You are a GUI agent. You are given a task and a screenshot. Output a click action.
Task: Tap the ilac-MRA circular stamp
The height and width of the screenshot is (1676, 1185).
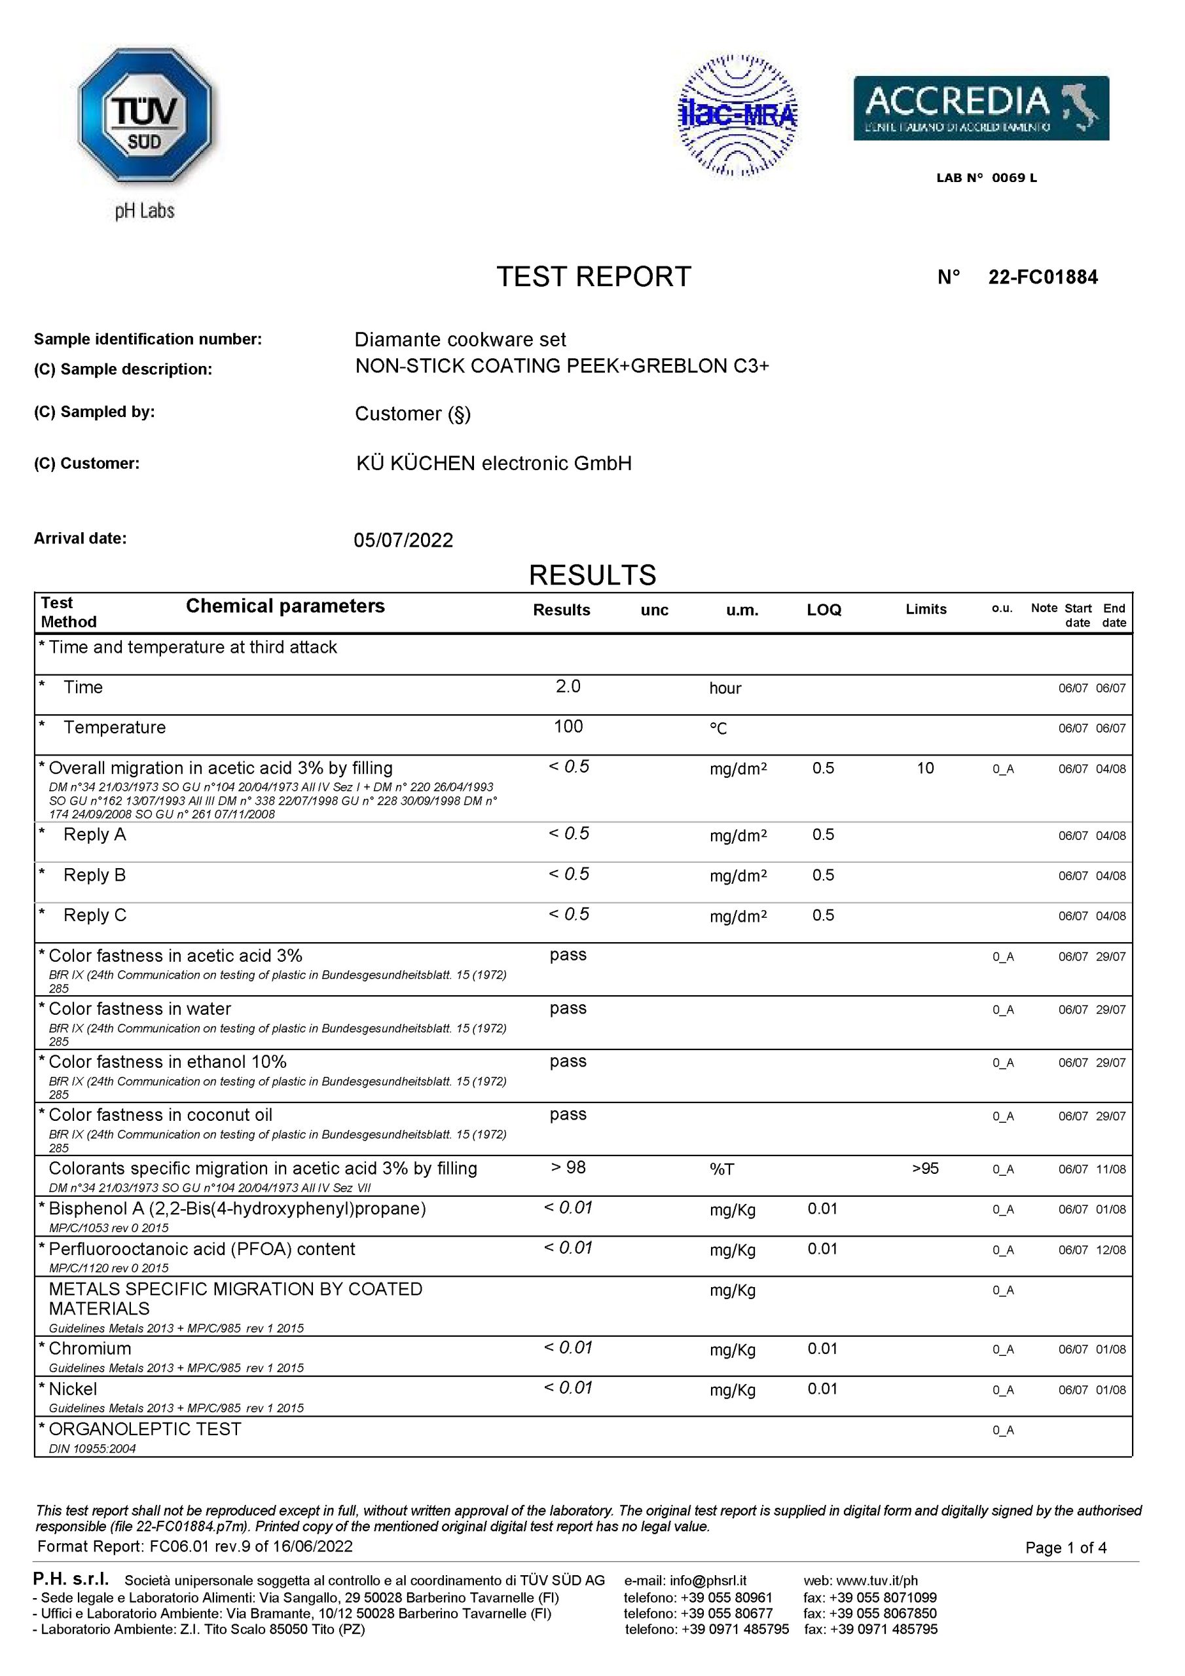[737, 115]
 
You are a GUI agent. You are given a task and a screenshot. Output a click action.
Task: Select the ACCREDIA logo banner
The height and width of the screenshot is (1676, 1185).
[981, 108]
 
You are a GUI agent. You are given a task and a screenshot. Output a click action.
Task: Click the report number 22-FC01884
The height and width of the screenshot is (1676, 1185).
[1043, 278]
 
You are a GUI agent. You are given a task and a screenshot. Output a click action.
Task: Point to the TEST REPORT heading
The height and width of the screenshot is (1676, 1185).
[593, 278]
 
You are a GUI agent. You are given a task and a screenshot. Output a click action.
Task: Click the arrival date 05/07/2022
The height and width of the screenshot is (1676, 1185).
[403, 540]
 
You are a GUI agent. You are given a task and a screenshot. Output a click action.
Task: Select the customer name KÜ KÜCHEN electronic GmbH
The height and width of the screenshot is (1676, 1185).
[494, 464]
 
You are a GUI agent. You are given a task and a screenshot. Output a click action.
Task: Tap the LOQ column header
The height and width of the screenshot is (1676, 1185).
[824, 610]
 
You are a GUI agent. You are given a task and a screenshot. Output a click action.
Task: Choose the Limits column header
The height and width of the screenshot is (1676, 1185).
[926, 610]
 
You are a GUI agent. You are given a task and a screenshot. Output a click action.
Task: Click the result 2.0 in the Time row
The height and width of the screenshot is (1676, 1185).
[568, 687]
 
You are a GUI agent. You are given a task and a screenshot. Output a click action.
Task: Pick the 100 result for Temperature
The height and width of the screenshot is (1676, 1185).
[568, 727]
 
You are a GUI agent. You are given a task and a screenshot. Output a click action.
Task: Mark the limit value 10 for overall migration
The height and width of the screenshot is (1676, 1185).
[925, 769]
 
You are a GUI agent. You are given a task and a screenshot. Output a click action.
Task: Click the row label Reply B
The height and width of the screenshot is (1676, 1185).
[94, 875]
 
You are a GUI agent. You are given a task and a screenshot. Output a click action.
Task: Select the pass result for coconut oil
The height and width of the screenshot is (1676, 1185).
[568, 1115]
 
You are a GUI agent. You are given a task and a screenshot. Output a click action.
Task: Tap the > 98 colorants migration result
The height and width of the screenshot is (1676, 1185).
[568, 1168]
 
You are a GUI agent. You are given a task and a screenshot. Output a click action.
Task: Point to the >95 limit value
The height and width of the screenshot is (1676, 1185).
[925, 1169]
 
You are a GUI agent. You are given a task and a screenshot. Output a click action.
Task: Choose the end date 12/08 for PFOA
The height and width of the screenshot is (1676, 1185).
[1110, 1250]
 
